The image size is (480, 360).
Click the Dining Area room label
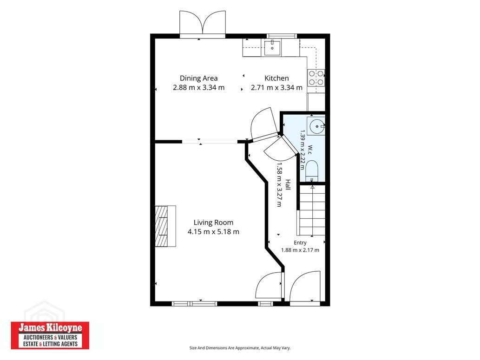pos(198,79)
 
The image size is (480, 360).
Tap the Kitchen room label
pos(276,79)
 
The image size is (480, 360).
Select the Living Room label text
pos(213,223)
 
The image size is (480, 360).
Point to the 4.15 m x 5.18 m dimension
pos(213,232)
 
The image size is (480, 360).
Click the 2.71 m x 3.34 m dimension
pos(277,87)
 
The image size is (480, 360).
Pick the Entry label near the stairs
pos(300,243)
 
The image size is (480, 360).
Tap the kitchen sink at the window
pos(272,48)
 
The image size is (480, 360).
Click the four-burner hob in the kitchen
pos(316,78)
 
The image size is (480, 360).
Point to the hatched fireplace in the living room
pos(165,226)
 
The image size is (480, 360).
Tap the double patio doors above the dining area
pos(203,24)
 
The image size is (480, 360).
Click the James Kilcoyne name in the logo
pos(50,328)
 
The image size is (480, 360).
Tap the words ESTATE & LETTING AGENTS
pos(50,344)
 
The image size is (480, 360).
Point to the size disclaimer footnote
pos(240,348)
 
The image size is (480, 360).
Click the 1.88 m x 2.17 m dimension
pos(300,250)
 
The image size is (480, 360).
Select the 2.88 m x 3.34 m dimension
pos(199,87)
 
